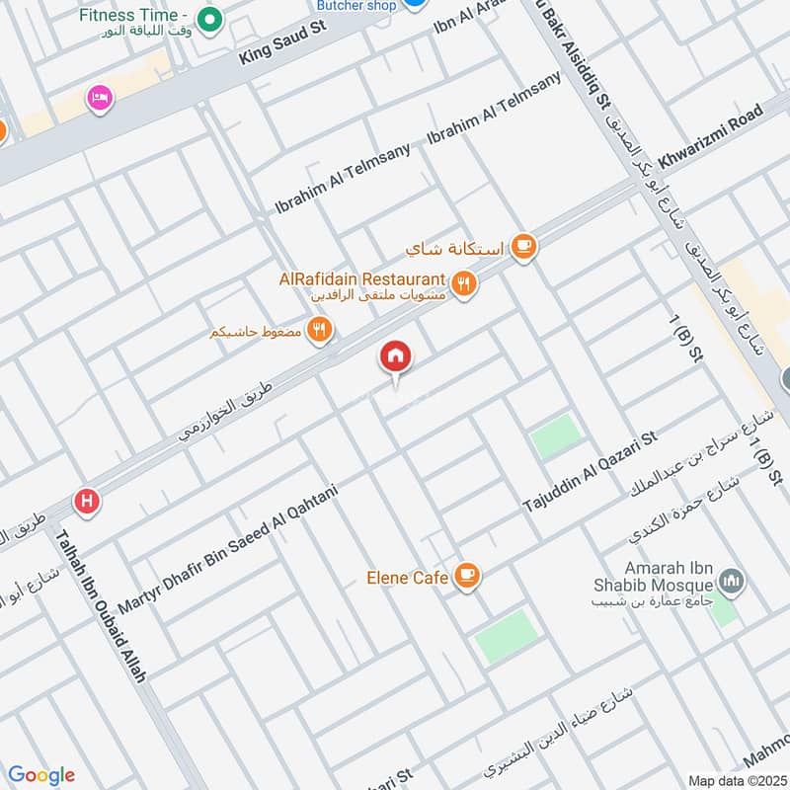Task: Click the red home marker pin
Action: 396,357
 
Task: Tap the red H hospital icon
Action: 87,503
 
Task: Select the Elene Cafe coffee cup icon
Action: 467,576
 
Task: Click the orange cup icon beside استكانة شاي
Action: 523,247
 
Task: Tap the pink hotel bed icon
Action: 100,97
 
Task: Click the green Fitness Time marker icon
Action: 208,18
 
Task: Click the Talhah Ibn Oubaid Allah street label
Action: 102,607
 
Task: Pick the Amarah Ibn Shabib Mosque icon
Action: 732,583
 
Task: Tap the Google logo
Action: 41,775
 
